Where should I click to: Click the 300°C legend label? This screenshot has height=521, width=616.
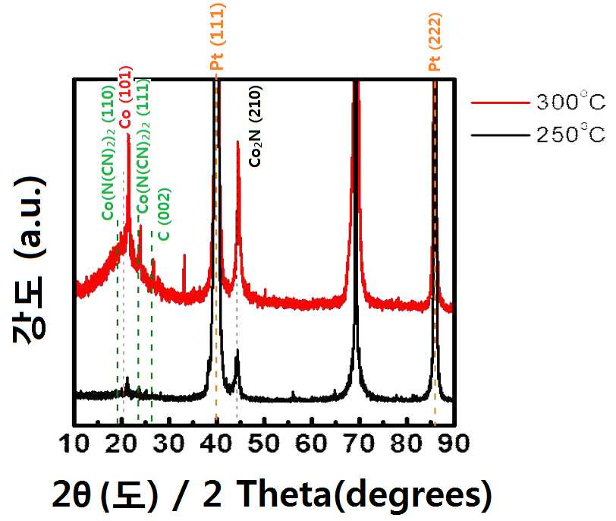pos(570,102)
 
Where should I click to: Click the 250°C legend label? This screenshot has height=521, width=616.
pos(570,134)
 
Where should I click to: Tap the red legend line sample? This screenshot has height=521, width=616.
pos(501,103)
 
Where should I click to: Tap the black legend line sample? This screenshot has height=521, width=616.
pos(501,135)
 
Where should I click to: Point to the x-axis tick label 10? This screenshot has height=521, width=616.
pos(74,443)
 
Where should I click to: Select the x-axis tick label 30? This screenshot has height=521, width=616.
pos(169,443)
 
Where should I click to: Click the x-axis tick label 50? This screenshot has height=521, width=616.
pos(264,443)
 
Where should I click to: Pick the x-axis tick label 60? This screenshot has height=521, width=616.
pos(312,443)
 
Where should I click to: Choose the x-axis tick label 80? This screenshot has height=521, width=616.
pos(407,443)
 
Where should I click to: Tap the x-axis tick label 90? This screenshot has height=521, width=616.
pos(454,443)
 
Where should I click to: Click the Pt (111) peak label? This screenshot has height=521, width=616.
pos(217,36)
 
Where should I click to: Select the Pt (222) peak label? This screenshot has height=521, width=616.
pos(435,42)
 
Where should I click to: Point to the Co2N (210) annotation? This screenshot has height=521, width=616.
pos(256,126)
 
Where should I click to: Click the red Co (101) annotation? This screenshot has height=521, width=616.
pos(126,96)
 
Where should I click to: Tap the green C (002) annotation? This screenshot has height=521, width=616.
pos(164,215)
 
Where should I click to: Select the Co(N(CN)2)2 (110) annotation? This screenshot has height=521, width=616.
pos(108,153)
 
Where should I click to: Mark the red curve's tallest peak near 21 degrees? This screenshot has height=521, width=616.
pos(128,135)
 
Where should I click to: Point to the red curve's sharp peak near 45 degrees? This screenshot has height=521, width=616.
pos(237,142)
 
